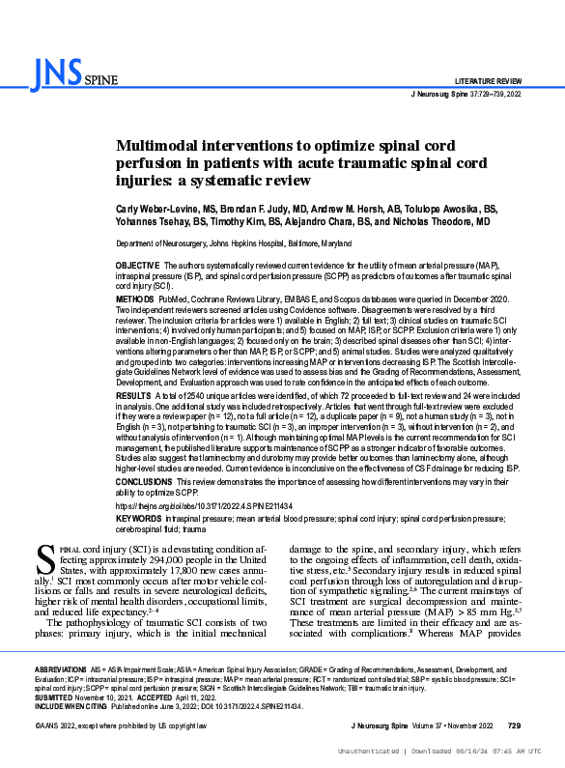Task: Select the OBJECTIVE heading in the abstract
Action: (137, 265)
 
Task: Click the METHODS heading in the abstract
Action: (135, 300)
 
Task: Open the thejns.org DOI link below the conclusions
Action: (204, 505)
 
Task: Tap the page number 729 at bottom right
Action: (514, 725)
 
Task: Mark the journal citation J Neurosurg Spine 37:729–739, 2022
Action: (466, 95)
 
